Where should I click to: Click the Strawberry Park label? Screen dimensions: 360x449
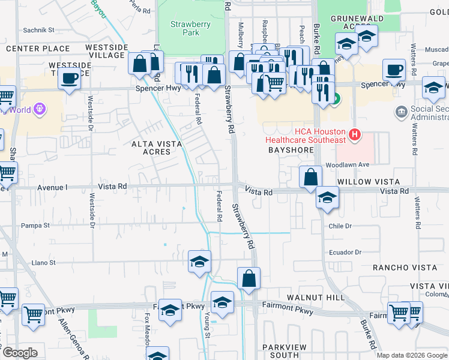[184, 29]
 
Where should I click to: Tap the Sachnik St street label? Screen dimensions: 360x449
[38, 29]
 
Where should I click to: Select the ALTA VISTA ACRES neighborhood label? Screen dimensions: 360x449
[151, 148]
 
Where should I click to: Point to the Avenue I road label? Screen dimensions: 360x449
[53, 187]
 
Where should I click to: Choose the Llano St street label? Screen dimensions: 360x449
[43, 262]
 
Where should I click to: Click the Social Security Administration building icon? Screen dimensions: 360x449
[401, 112]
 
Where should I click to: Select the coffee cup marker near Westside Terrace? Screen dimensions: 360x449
[70, 79]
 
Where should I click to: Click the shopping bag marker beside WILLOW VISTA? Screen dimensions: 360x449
[310, 178]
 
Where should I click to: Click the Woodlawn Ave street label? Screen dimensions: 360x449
[347, 165]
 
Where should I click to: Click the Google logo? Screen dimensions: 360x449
[20, 353]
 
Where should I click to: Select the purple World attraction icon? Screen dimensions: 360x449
[40, 109]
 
